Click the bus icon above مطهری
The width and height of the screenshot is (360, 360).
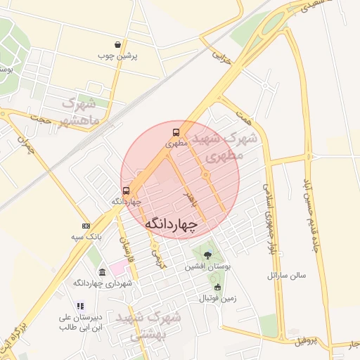coord(175,131)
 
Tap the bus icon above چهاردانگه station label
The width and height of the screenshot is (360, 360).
coord(127,191)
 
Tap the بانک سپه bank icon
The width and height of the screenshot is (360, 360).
coord(86,226)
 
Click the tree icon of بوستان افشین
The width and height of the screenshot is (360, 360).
coord(207,255)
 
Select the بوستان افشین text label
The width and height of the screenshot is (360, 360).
coord(208,267)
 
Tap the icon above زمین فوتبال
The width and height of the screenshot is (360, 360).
coord(217,287)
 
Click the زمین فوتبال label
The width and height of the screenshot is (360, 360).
coord(217,298)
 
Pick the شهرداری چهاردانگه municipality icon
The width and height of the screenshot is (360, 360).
coord(103,272)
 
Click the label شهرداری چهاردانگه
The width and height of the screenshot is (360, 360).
coord(103,283)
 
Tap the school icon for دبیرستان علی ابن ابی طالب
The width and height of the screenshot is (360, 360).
coord(80,306)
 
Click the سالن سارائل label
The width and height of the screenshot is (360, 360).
coord(287,276)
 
